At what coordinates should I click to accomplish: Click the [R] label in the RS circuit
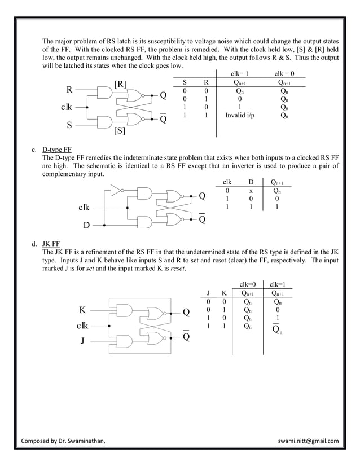point(120,85)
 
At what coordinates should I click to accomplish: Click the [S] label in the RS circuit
point(120,131)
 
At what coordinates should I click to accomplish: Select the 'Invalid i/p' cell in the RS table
point(240,116)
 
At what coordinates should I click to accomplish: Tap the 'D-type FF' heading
point(57,150)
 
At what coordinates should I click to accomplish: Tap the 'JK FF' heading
point(51,245)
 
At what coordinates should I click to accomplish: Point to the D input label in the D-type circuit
point(86,226)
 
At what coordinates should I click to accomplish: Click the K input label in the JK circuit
point(82,310)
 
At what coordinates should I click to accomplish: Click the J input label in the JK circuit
point(83,341)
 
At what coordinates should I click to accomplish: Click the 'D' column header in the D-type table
point(251,182)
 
